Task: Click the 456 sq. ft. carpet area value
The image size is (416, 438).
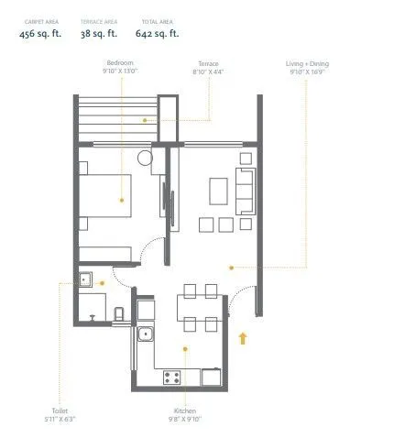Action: tap(40, 33)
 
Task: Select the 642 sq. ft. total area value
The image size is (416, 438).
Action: tap(161, 33)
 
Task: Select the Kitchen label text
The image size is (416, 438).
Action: tap(185, 412)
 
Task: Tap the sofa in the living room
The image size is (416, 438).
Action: tap(245, 190)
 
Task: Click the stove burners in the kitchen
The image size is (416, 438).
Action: tap(171, 376)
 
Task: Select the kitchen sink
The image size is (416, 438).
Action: tap(145, 334)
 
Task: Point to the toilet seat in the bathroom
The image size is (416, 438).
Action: tap(119, 314)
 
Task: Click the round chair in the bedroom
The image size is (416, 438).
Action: tap(146, 158)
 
